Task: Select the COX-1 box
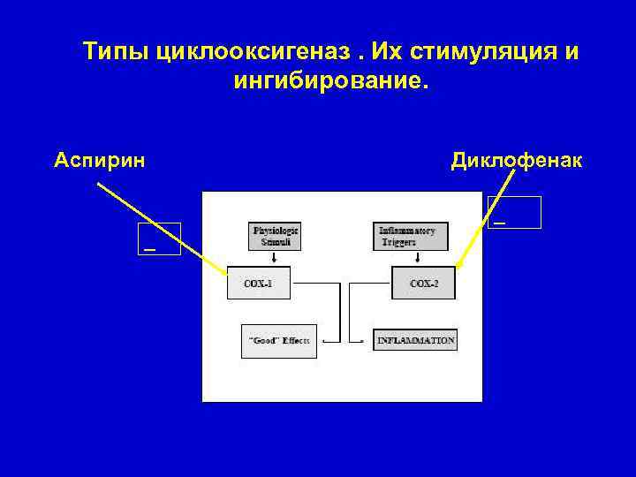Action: tap(258, 284)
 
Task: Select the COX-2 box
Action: tap(424, 284)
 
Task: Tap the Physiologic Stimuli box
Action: tap(276, 236)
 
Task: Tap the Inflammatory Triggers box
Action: tap(411, 236)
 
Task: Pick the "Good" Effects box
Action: tap(279, 341)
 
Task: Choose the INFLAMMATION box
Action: tap(415, 340)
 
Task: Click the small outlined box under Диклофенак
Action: tap(514, 213)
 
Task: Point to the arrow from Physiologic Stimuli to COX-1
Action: tap(274, 258)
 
